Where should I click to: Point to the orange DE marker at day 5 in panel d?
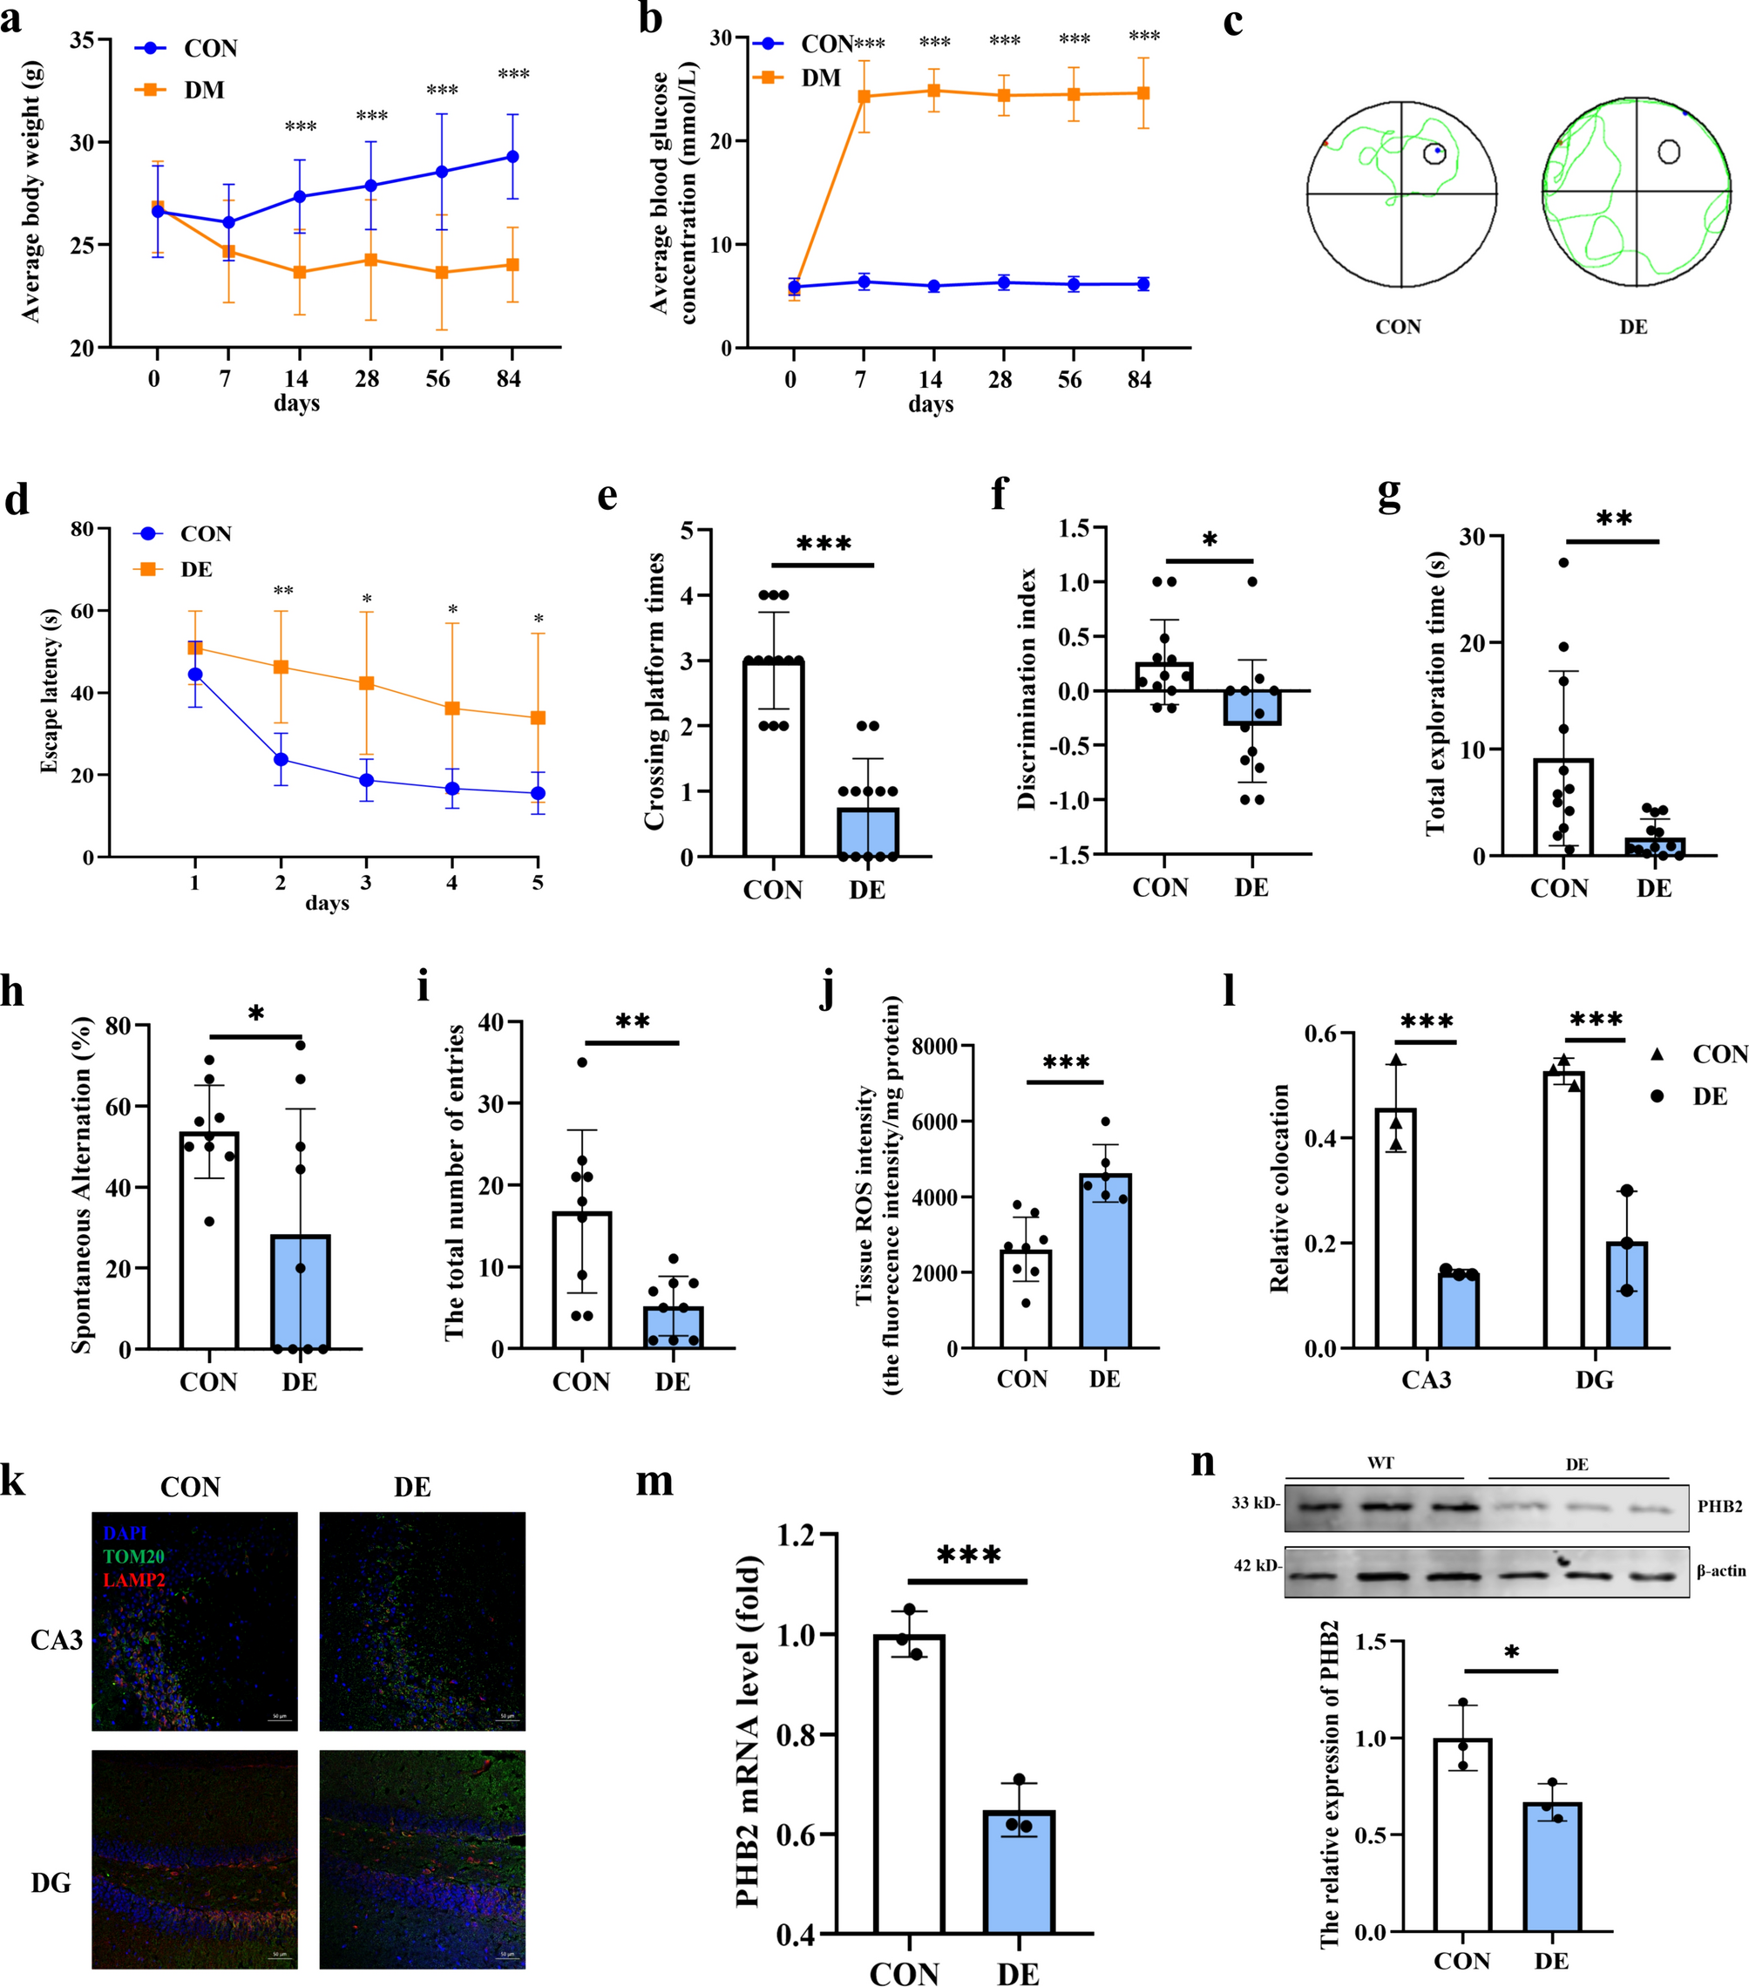pyautogui.click(x=538, y=718)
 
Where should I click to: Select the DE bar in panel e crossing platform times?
pyautogui.click(x=867, y=832)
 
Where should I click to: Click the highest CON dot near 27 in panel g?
pyautogui.click(x=1563, y=563)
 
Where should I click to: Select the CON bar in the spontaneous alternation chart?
pyautogui.click(x=209, y=1239)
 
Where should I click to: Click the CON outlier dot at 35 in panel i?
pyautogui.click(x=582, y=1062)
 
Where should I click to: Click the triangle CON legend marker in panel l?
pyautogui.click(x=1657, y=1055)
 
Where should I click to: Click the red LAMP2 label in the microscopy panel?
pyautogui.click(x=134, y=1580)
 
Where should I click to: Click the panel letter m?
pyautogui.click(x=654, y=1482)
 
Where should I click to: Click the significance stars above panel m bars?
pyautogui.click(x=968, y=1556)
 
